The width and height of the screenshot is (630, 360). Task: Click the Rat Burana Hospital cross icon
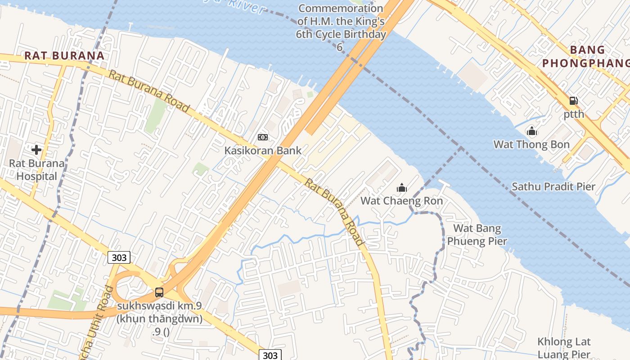tap(36, 149)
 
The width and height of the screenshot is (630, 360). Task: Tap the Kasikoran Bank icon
tap(263, 137)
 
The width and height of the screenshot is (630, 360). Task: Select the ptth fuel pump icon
tap(573, 101)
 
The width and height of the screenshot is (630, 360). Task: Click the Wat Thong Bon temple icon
tap(532, 131)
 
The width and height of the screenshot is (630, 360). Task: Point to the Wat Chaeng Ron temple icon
tap(401, 188)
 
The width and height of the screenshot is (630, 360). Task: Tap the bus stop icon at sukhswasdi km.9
tap(159, 292)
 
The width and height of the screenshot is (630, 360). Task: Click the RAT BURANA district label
tap(64, 56)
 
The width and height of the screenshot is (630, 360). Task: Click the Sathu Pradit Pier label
tap(553, 187)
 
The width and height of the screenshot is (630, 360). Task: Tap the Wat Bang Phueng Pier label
tap(477, 235)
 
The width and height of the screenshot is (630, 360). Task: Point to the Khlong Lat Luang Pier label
tap(564, 348)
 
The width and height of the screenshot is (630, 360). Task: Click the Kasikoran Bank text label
tap(263, 151)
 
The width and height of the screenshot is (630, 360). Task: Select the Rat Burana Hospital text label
tap(37, 170)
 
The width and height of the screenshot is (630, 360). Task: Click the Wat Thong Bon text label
tap(531, 145)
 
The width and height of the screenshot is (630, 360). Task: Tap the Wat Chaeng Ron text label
tap(402, 201)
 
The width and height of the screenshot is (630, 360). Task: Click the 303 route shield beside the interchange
tap(119, 257)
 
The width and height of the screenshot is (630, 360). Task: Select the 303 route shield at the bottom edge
tap(270, 355)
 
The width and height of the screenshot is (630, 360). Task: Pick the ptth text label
tap(574, 114)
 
